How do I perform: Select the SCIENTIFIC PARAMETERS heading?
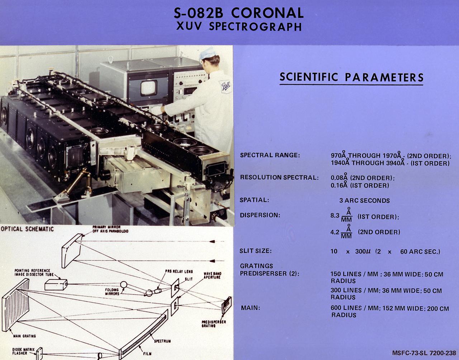tap(351, 77)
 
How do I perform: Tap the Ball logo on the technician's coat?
tap(226, 86)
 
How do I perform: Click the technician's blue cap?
tap(208, 53)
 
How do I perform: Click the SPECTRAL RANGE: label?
tap(270, 155)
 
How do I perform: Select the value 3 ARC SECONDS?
tap(364, 201)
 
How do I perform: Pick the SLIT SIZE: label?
tap(255, 251)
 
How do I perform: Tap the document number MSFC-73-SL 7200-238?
tap(423, 353)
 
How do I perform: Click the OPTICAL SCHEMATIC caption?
tap(27, 229)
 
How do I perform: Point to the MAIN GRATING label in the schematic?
tap(24, 336)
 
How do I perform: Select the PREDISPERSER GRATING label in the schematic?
tap(214, 324)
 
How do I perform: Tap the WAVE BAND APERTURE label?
tap(213, 275)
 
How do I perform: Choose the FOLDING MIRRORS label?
tap(112, 292)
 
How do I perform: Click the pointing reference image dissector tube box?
tap(56, 284)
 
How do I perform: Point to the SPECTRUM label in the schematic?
tap(162, 341)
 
